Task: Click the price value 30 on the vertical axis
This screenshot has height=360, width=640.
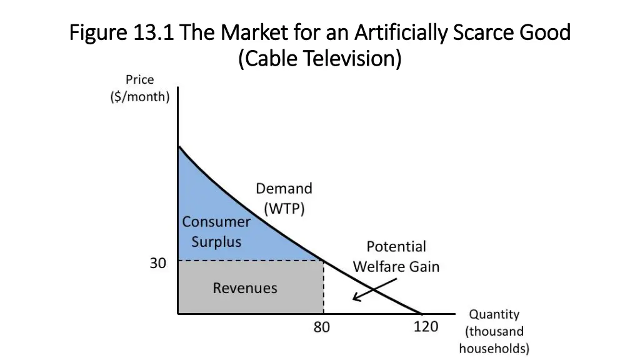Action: tap(157, 263)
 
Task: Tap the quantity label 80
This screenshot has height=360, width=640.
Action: tap(322, 327)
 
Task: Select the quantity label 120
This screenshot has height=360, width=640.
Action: tap(426, 327)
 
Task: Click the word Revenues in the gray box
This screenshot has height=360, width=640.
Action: tap(245, 288)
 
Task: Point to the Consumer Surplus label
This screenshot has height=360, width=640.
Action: tap(216, 231)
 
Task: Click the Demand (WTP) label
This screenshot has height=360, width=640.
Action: tap(284, 199)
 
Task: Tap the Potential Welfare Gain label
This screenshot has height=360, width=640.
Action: tap(396, 256)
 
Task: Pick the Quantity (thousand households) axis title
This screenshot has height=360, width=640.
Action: tap(494, 331)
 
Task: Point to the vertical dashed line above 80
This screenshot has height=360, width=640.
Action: tap(324, 287)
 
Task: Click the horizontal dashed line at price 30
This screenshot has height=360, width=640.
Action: tap(250, 261)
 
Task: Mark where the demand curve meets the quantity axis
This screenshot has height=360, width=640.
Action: tap(422, 313)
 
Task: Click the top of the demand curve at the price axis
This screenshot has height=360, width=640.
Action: tap(179, 146)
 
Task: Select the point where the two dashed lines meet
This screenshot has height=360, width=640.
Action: tap(324, 261)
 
